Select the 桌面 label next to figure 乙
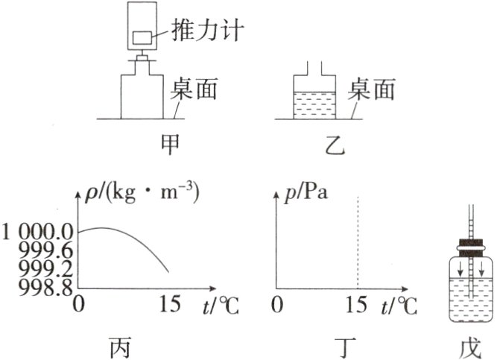(x=370, y=90)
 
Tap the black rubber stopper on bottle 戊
(x=470, y=244)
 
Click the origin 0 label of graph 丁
(x=276, y=306)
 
